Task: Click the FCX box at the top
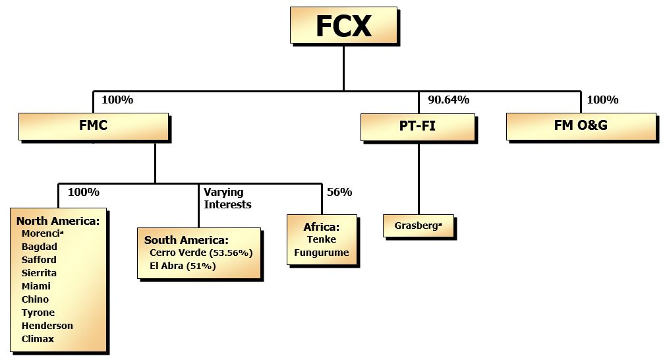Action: [x=343, y=26]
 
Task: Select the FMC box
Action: [x=93, y=126]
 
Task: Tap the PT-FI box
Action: [x=417, y=126]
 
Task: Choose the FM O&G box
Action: [x=581, y=125]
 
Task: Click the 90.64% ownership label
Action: [x=448, y=100]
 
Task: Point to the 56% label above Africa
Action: [x=339, y=193]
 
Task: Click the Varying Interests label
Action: [x=227, y=198]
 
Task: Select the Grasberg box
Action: [x=419, y=225]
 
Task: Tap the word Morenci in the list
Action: [x=42, y=233]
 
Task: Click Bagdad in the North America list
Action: [x=39, y=247]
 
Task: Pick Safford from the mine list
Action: [x=39, y=260]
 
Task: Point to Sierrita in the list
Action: [x=39, y=273]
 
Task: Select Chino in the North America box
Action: [x=35, y=299]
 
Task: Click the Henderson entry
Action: [x=47, y=326]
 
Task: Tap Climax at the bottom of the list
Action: [x=38, y=339]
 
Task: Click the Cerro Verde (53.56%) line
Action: [x=201, y=253]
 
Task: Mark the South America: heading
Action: [x=187, y=240]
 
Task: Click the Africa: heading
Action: [x=321, y=227]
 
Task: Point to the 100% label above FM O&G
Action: [x=602, y=100]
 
